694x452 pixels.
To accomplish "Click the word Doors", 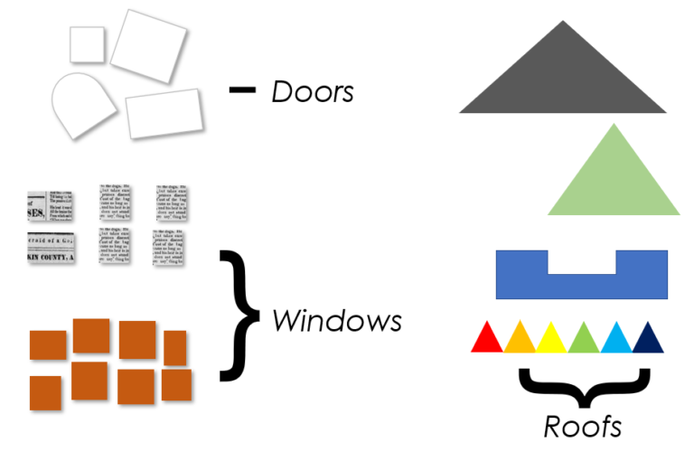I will (312, 92).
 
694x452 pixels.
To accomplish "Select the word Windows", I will (336, 320).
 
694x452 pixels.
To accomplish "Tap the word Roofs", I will (582, 425).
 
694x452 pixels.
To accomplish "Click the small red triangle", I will (487, 340).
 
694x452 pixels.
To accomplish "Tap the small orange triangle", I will (520, 340).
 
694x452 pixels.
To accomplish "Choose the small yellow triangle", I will (551, 340).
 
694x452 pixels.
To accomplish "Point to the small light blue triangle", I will (616, 340).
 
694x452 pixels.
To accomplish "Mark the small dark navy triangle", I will (648, 340).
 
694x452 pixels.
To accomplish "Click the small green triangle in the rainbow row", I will (584, 340).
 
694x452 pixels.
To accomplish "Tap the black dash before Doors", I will (242, 89).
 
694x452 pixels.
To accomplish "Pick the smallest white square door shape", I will (87, 44).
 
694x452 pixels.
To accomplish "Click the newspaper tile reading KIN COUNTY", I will (51, 248).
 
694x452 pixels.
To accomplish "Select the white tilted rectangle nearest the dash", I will (163, 113).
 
